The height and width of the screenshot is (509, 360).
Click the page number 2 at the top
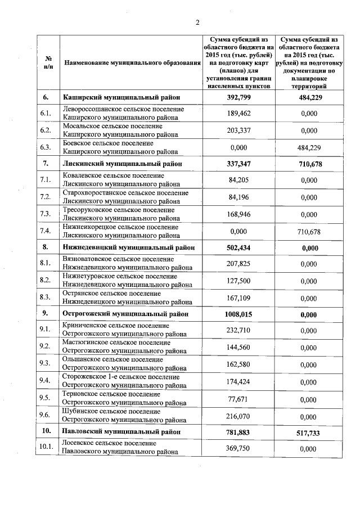pyautogui.click(x=197, y=22)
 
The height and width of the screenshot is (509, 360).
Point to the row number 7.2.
pyautogui.click(x=46, y=197)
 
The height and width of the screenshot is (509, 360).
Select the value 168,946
pyautogui.click(x=238, y=214)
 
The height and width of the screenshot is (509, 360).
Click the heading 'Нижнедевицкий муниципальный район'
pyautogui.click(x=129, y=247)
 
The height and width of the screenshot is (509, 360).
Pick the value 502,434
pyautogui.click(x=238, y=247)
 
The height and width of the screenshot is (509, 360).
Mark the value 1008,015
pyautogui.click(x=238, y=313)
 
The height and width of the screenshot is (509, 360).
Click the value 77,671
pyautogui.click(x=238, y=399)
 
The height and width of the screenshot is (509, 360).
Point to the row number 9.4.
pyautogui.click(x=46, y=381)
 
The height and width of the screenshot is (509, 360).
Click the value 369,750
pyautogui.click(x=238, y=448)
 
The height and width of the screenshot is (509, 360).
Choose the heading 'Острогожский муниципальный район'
pyautogui.click(x=124, y=313)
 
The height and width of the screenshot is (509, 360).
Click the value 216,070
pyautogui.click(x=238, y=416)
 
